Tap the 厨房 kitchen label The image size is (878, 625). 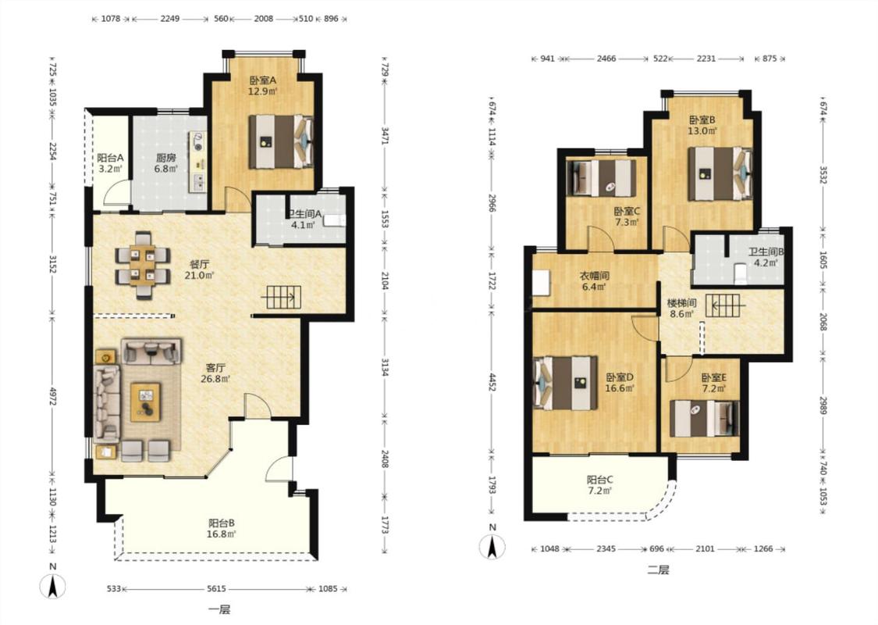point(165,158)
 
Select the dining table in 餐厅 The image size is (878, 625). point(143,265)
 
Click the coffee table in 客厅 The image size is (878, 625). point(146,402)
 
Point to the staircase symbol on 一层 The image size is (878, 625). point(283,297)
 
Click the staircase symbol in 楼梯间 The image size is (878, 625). point(726,305)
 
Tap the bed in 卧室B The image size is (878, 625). point(720,173)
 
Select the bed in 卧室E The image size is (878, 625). point(705,418)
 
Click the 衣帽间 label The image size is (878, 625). point(594,276)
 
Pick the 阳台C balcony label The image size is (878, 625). point(599,480)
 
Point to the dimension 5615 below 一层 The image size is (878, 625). point(216,588)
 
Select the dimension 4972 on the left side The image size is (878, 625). point(52,397)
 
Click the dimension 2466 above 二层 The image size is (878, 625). point(606,59)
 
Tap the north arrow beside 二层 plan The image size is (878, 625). point(492,547)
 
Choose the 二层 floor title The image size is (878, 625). point(658,570)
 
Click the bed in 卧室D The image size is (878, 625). point(566,383)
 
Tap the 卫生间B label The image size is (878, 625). point(766,252)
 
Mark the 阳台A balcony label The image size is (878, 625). point(110,158)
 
